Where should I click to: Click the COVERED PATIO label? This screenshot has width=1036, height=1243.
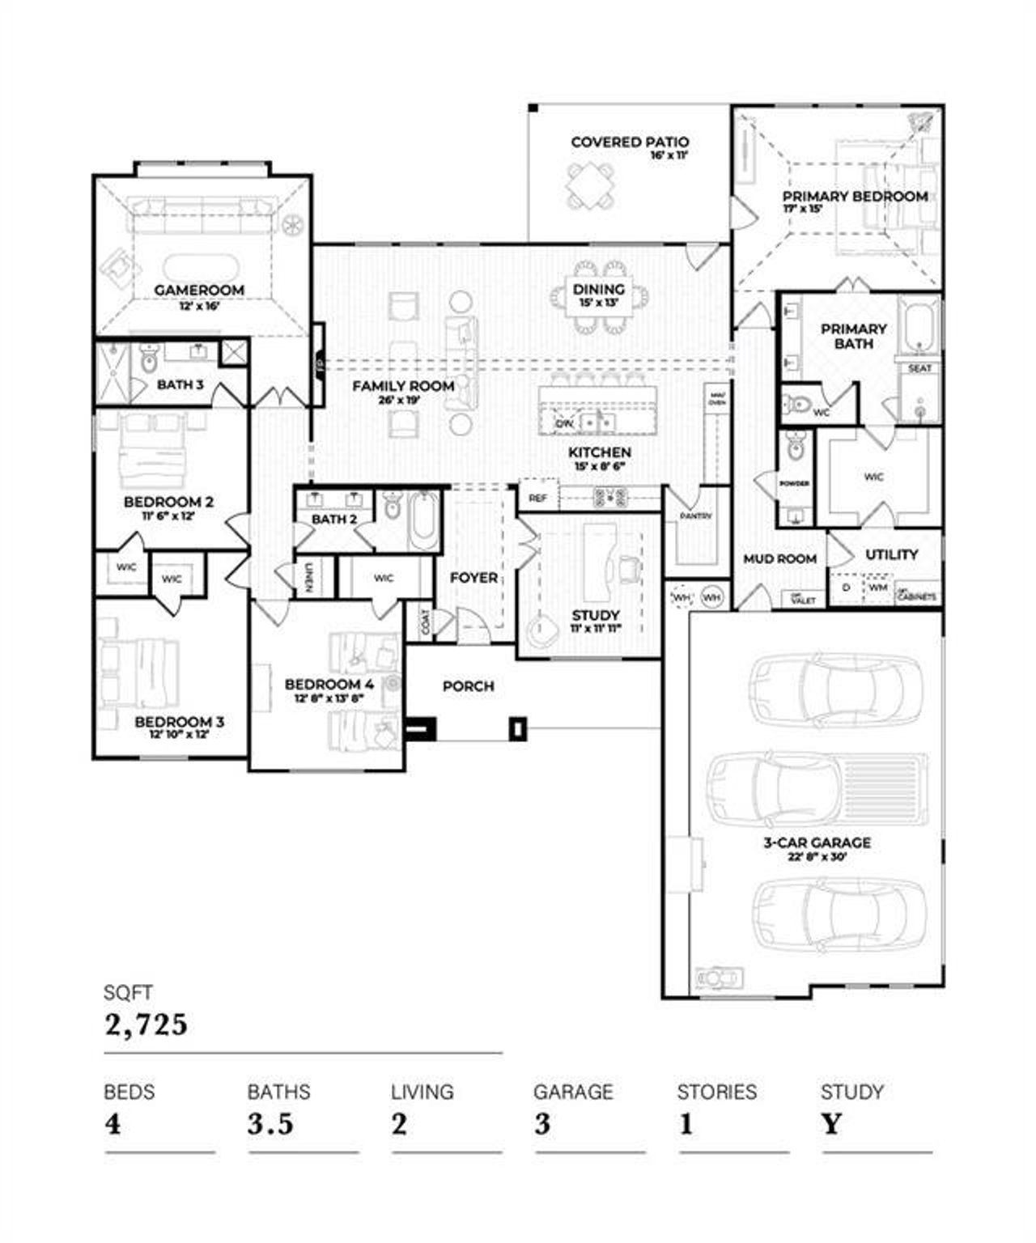point(630,142)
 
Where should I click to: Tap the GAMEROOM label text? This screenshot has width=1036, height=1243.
point(199,290)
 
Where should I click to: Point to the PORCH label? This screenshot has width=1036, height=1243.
point(468,686)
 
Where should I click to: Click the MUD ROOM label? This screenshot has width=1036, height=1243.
point(779,559)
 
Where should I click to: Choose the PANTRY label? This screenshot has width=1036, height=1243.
point(695,515)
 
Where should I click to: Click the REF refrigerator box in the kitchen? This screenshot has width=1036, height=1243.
point(537,498)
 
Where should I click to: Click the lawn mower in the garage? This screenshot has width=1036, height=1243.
point(718,979)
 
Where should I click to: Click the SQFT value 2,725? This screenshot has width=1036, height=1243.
point(146,1025)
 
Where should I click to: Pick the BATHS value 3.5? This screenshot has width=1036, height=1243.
point(270,1124)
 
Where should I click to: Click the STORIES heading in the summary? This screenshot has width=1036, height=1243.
point(716,1092)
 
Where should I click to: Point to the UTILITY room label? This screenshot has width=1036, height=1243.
point(891,555)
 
